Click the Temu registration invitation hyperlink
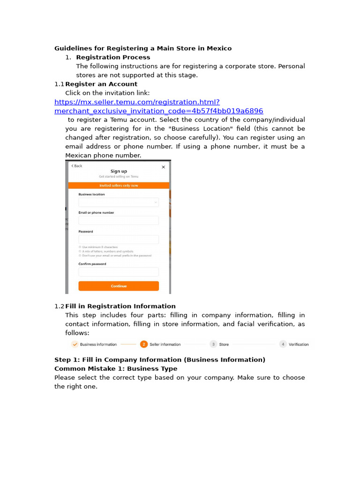[x=158, y=106]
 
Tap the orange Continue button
[x=119, y=286]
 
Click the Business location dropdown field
[x=119, y=202]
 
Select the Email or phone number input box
[x=119, y=221]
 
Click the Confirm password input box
[x=119, y=272]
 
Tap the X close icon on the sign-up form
[x=163, y=167]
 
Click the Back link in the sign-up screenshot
[x=76, y=166]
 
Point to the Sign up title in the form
[x=119, y=172]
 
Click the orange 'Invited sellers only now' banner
[x=119, y=186]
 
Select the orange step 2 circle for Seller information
[x=144, y=344]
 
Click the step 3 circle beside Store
[x=213, y=344]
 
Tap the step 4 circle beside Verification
[x=283, y=344]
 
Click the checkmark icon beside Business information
[x=75, y=344]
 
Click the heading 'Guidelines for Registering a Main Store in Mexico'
[x=143, y=48]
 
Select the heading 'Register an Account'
[x=101, y=84]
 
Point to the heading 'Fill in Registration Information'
[x=120, y=306]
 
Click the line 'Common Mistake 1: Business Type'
[x=116, y=368]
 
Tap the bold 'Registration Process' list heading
[x=113, y=57]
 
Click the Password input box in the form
[x=119, y=240]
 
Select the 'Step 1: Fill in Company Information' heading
[x=160, y=360]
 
